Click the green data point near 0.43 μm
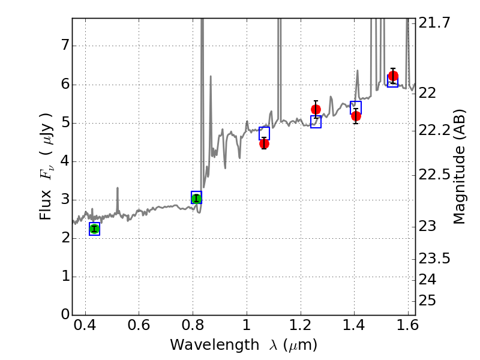[x=94, y=229]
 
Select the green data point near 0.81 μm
[x=196, y=198]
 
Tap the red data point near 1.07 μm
[x=264, y=143]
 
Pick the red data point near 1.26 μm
[x=316, y=109]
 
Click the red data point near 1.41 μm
[x=356, y=116]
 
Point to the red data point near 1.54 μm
[x=393, y=76]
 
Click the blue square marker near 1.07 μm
[x=264, y=133]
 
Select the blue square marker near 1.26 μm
[x=316, y=122]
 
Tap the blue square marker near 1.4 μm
[x=356, y=107]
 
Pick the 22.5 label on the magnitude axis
[x=434, y=175]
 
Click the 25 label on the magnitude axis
[x=427, y=300]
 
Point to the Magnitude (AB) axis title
[x=460, y=167]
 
